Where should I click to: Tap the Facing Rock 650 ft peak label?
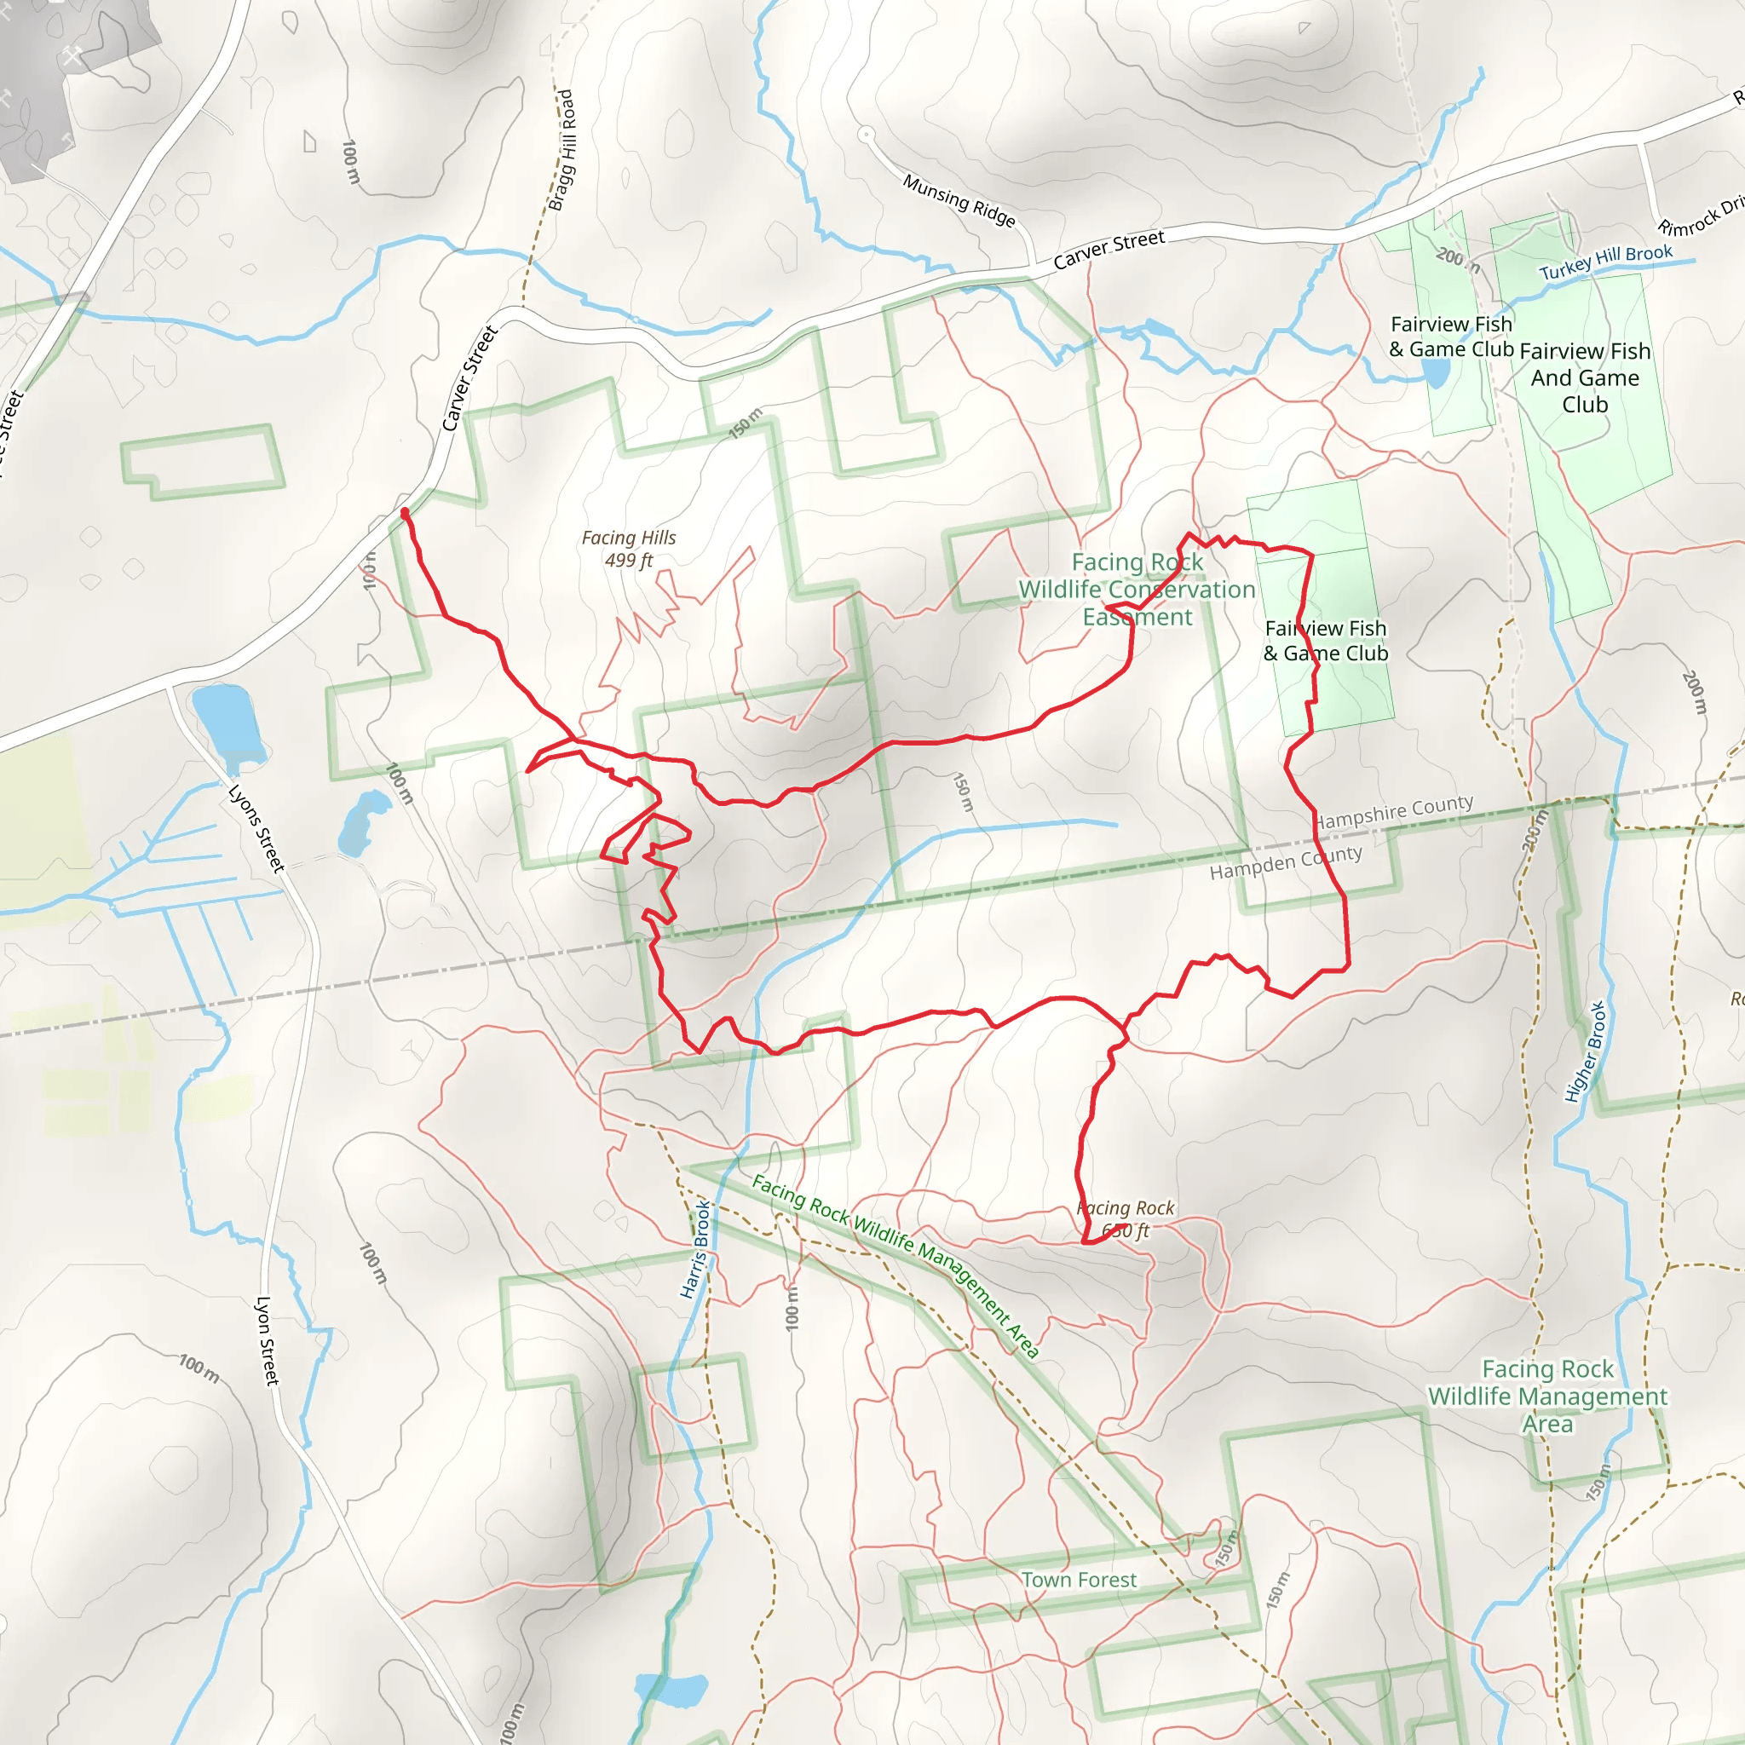tap(1126, 1218)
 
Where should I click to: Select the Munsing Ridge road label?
tap(959, 200)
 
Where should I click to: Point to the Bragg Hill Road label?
tap(562, 150)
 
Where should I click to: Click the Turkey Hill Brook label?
tap(1606, 262)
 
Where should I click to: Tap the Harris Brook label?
tap(694, 1249)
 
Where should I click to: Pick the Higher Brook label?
tap(1585, 1051)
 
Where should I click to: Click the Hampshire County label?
tap(1395, 811)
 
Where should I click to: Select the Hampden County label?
tap(1286, 861)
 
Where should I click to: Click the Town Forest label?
tap(1080, 1580)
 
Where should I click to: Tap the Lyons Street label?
tap(256, 828)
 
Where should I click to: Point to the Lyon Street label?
tap(268, 1340)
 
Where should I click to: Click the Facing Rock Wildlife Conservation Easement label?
tap(1137, 590)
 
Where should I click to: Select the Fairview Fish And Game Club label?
tap(1585, 377)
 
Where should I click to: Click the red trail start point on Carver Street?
tap(405, 513)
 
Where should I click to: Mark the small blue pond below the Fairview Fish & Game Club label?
tap(1436, 371)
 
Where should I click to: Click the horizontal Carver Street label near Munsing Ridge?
tap(1109, 251)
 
